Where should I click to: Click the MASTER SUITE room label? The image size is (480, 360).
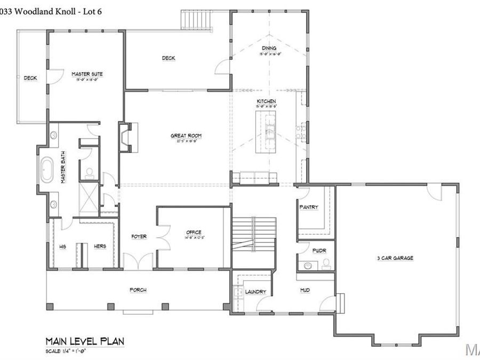point(87,74)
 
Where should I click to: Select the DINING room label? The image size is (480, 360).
point(269,49)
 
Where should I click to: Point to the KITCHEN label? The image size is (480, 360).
point(266,101)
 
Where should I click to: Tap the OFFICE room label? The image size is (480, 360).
point(194,233)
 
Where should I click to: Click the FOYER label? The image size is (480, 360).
point(139,237)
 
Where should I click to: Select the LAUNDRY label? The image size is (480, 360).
point(255,292)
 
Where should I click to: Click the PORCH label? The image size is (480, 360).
point(138,290)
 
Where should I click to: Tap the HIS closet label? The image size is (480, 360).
point(62,246)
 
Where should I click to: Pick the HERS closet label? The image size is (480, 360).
point(100,246)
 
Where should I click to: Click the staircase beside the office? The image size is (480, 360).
point(254,235)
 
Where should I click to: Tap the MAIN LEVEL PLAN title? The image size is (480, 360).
point(85,341)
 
